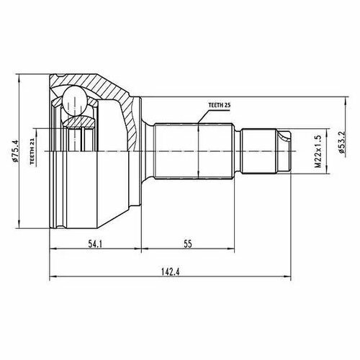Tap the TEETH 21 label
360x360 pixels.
pos(32,151)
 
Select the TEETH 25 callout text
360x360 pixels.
pos(220,105)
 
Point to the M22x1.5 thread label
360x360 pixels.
pos(318,151)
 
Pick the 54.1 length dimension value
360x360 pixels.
pos(95,244)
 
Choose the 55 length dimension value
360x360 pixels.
pos(188,244)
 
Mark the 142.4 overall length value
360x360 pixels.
pos(171,272)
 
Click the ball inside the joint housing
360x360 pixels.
pos(74,102)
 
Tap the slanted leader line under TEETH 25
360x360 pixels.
pos(204,117)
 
